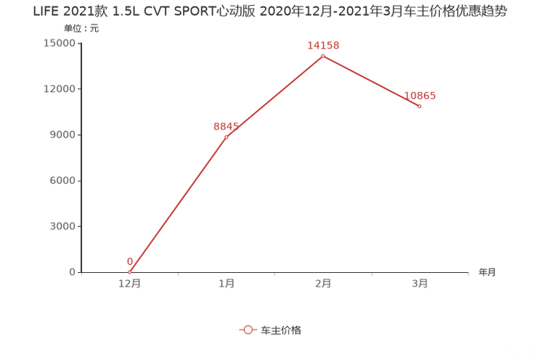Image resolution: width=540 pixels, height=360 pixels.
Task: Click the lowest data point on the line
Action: [x=130, y=272]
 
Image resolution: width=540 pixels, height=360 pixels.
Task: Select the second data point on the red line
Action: [x=226, y=136]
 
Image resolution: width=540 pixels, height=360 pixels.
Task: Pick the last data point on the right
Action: [x=420, y=107]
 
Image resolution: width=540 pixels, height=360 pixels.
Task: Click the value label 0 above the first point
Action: [x=130, y=261]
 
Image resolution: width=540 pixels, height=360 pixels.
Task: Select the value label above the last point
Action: [x=420, y=96]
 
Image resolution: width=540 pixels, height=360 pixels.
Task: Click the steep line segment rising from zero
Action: [x=178, y=205]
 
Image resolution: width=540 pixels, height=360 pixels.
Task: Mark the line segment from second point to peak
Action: [x=274, y=96]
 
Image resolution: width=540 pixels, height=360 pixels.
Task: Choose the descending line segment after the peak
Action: [x=371, y=81]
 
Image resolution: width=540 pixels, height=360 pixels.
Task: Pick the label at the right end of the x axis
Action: [x=487, y=273]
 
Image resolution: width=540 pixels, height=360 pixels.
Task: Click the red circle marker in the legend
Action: [x=247, y=330]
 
